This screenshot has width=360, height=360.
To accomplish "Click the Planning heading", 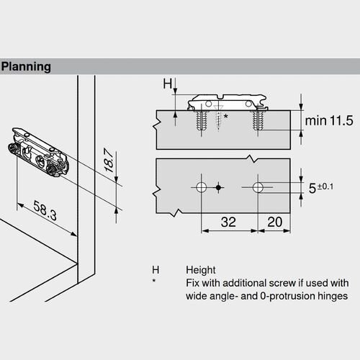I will (x=26, y=67).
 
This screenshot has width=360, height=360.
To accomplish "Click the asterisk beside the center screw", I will (x=226, y=115).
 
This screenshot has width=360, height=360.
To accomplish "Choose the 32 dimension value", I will (x=228, y=222).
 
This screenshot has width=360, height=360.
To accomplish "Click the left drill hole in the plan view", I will (x=201, y=189).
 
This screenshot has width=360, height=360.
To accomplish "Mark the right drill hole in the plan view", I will (x=258, y=189).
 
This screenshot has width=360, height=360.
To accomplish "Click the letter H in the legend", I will (x=154, y=269).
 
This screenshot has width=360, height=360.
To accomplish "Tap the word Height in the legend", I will (x=201, y=269).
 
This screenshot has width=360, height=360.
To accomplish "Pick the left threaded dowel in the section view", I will (x=199, y=120).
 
